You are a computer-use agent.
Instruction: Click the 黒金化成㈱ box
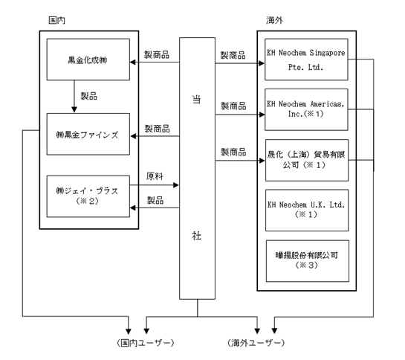(x=88, y=60)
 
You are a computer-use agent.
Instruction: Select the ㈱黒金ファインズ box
(x=88, y=134)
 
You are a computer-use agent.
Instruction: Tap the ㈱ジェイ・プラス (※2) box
(x=88, y=196)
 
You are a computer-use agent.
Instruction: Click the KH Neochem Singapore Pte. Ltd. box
(x=306, y=60)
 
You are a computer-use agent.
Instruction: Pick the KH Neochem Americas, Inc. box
(x=306, y=109)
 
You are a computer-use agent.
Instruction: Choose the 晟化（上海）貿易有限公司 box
(x=307, y=160)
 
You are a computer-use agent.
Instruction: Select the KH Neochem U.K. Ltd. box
(x=307, y=210)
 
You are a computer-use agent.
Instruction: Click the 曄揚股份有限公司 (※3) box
(x=308, y=261)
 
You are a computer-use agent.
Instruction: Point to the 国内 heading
(x=56, y=20)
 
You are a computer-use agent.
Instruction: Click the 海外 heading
(x=274, y=20)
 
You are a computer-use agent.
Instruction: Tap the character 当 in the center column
(x=197, y=100)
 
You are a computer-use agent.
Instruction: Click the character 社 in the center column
(x=197, y=236)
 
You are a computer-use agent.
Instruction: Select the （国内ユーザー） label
(x=146, y=343)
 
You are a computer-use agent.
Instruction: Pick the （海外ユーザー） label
(x=256, y=343)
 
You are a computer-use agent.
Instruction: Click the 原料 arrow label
(x=155, y=176)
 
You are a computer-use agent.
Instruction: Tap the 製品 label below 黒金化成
(x=89, y=96)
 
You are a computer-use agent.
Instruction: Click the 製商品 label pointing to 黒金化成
(x=157, y=55)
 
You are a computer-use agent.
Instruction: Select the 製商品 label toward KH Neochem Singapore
(x=233, y=55)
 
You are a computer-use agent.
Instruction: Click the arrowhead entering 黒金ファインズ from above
(x=74, y=109)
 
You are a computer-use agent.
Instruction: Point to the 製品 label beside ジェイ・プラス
(x=155, y=200)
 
